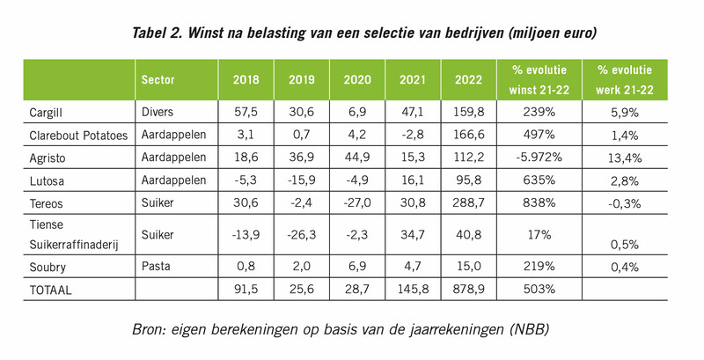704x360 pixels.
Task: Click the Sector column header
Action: pos(158,80)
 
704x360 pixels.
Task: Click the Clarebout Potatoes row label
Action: pos(78,134)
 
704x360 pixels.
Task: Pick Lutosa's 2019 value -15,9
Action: pos(302,179)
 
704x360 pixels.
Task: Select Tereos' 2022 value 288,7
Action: pos(467,201)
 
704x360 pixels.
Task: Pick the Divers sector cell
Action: pos(158,113)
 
